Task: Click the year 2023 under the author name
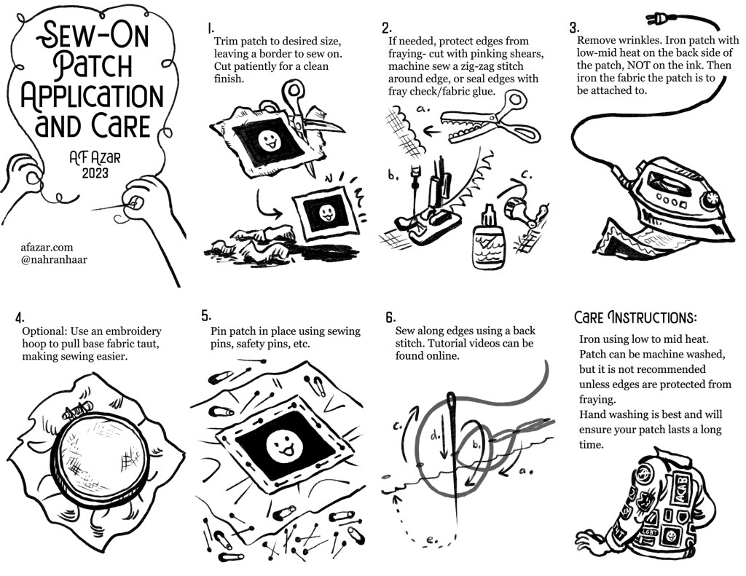pyautogui.click(x=95, y=173)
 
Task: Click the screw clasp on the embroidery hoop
pyautogui.click(x=74, y=412)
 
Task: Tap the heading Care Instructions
pyautogui.click(x=635, y=317)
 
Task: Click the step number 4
pyautogui.click(x=20, y=317)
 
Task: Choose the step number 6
pyautogui.click(x=390, y=317)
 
